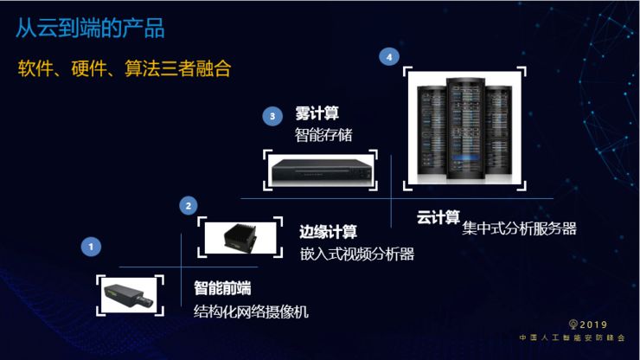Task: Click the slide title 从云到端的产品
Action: click(x=91, y=29)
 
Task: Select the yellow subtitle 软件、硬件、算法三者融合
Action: click(x=125, y=69)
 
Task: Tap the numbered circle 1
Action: click(x=92, y=247)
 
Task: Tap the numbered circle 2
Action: click(x=189, y=205)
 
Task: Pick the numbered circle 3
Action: click(x=273, y=115)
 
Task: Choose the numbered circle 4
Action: click(x=390, y=57)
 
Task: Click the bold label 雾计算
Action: click(x=316, y=114)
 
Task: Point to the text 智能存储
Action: click(x=323, y=134)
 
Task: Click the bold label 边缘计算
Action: click(x=328, y=232)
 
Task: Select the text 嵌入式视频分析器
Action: click(x=357, y=254)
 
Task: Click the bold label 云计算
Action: click(x=438, y=217)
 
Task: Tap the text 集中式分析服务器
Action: click(x=519, y=228)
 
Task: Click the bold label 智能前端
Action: click(x=222, y=288)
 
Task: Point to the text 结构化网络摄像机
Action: click(x=251, y=312)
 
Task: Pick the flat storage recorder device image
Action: click(x=321, y=170)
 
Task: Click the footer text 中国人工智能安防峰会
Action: click(x=572, y=338)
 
